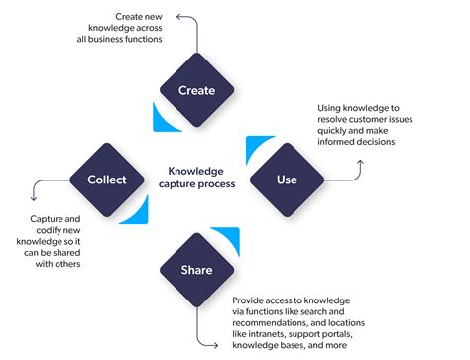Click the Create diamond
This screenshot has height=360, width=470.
pyautogui.click(x=196, y=91)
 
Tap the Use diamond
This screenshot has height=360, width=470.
pyautogui.click(x=286, y=180)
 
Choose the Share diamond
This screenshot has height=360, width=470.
pyautogui.click(x=196, y=269)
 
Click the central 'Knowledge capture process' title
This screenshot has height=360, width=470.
pyautogui.click(x=196, y=176)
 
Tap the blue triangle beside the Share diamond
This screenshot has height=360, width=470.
pyautogui.click(x=231, y=238)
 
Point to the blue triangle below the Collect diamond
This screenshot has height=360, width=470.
pyautogui.click(x=140, y=212)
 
